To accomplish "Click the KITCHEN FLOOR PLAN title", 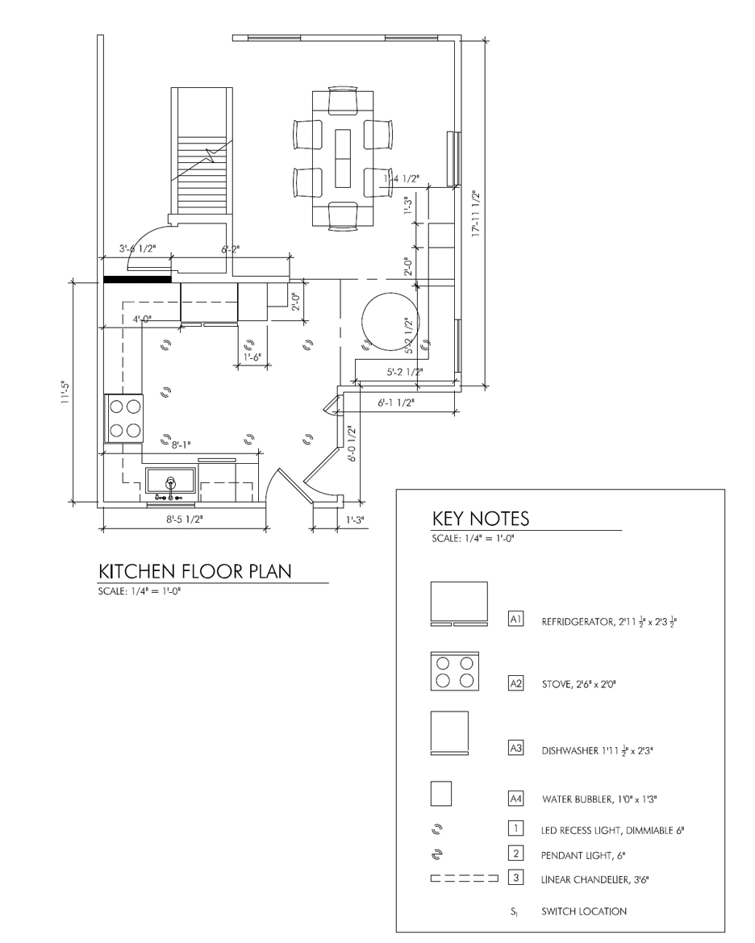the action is tap(195, 571).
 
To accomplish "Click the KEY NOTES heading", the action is tap(481, 519).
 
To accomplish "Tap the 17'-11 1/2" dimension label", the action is tap(476, 214).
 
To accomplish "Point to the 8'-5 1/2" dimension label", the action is tap(185, 519).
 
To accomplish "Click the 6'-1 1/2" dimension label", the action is tap(396, 403).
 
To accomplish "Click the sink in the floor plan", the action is tap(171, 484).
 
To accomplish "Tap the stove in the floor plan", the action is tap(124, 418).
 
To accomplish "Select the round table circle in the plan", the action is tap(389, 320).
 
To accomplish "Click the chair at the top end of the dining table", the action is tap(343, 99).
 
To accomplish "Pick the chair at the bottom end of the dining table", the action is tap(343, 216).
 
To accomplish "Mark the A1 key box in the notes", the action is tap(515, 618).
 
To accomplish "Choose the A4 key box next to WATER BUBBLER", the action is tap(515, 799).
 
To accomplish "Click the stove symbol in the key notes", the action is tap(455, 670).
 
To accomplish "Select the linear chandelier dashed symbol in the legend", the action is tap(465, 878).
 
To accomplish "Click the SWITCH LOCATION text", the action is tap(583, 911).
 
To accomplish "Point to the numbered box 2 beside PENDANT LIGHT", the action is tap(515, 853).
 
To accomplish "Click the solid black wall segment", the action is tap(138, 279).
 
